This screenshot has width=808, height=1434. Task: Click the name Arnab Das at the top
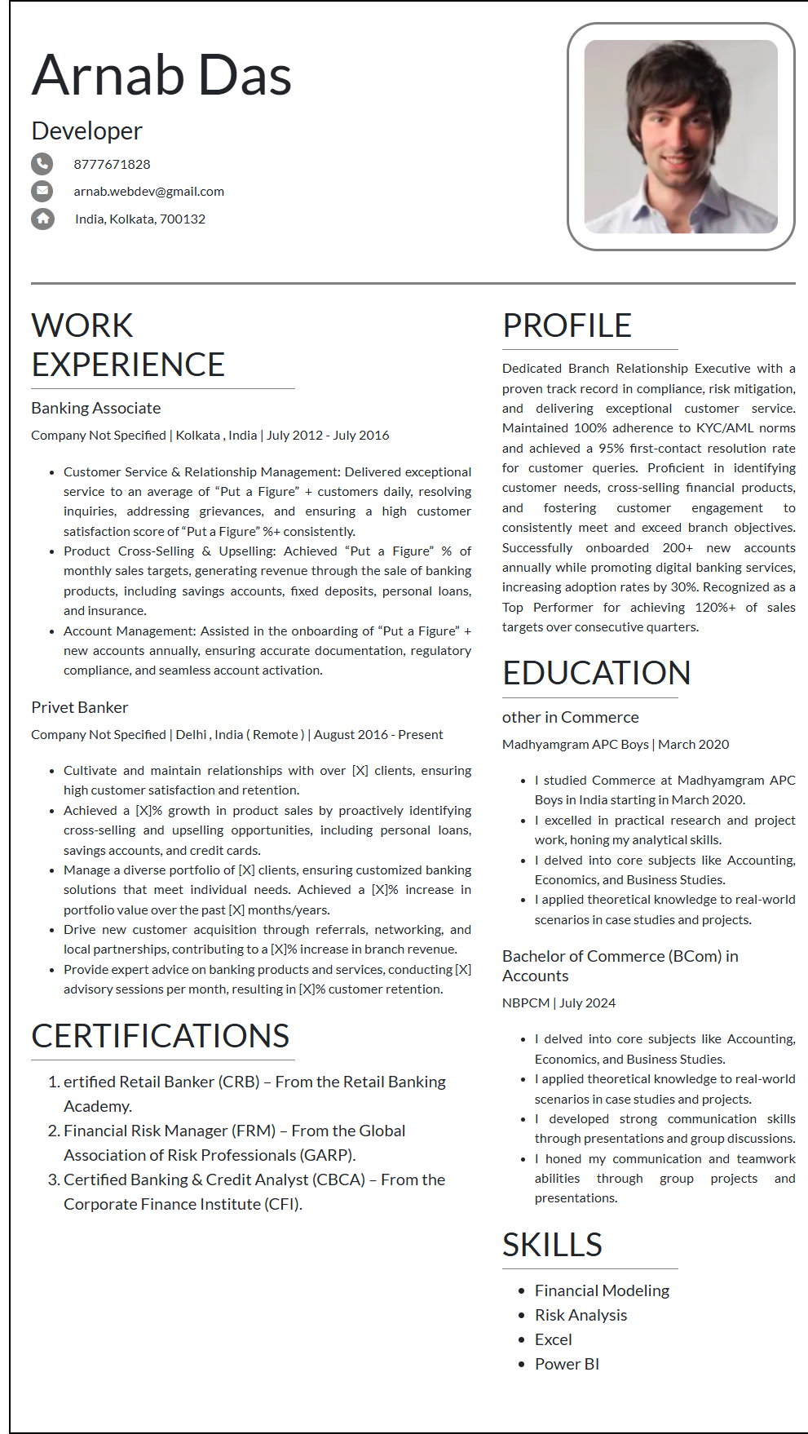coord(161,75)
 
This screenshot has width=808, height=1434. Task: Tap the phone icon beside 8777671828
coord(42,164)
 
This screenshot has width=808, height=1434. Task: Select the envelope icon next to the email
coord(42,191)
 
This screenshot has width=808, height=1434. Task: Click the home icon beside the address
coord(42,219)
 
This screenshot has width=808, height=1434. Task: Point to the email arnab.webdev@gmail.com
coord(148,192)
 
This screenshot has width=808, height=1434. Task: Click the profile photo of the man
coord(681,136)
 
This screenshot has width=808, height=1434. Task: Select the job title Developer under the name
coord(86,131)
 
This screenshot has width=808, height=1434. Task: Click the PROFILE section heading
coord(567,325)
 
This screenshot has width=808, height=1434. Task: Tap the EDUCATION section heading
coord(596,673)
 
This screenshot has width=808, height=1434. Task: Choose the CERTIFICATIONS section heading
coord(160,1036)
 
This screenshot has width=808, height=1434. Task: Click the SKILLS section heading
coord(552,1245)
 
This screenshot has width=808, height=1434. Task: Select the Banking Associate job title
coord(95,408)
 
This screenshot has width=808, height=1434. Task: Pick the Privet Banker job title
coord(79,707)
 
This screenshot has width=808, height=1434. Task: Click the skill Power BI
coord(567,1364)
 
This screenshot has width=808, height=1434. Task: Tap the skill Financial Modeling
coord(602,1290)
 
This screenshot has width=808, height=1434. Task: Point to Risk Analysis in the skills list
coord(581,1315)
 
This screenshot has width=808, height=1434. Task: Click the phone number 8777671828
coord(112,164)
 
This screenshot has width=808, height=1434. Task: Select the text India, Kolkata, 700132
coord(140,219)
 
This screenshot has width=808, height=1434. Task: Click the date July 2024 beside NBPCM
coord(587,1002)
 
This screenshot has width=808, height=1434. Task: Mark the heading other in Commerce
coord(570,717)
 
